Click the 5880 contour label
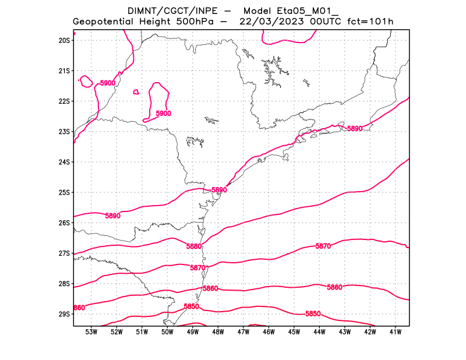tap(194, 246)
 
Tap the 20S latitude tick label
tap(64, 40)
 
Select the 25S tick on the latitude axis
tap(64, 192)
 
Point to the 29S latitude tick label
tap(64, 314)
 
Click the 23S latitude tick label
tap(64, 132)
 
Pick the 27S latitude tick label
tap(64, 253)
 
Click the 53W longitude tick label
tap(91, 332)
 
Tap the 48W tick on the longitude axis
tap(218, 332)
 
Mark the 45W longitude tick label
tap(294, 332)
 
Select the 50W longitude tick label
tap(167, 332)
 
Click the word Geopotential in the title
tap(104, 22)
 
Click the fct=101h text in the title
tap(370, 22)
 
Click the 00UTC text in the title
tap(324, 22)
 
